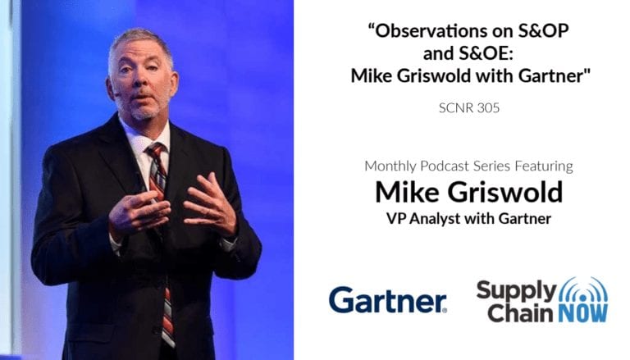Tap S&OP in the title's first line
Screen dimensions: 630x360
point(543,31)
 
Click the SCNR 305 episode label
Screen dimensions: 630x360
point(469,107)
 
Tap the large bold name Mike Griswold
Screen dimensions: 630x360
point(469,192)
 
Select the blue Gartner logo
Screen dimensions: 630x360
point(388,300)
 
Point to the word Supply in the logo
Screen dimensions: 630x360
point(516,291)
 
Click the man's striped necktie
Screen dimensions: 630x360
point(162,233)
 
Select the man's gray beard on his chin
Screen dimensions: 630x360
point(143,111)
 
